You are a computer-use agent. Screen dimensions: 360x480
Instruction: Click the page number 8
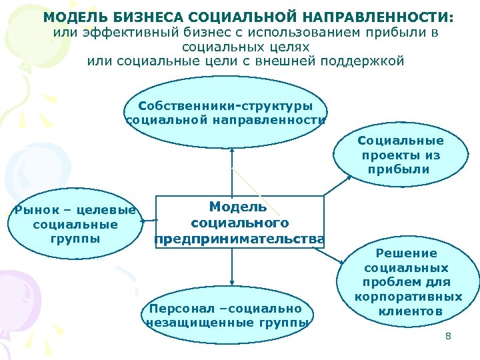448,336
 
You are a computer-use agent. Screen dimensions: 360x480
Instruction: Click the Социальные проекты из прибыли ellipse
400,155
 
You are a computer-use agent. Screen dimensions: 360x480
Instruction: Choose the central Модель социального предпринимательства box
239,222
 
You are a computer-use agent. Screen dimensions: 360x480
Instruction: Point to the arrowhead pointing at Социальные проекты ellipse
351,175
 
